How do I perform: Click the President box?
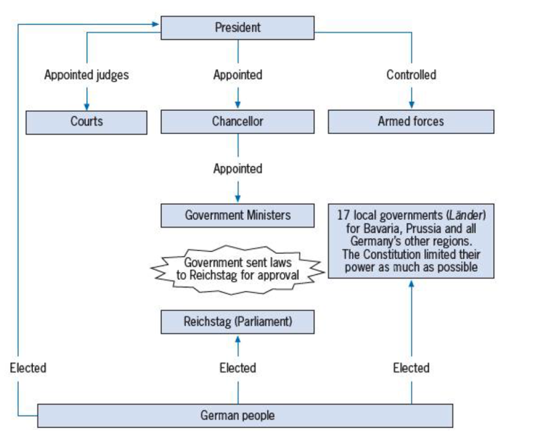tap(237, 28)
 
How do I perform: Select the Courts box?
tap(86, 122)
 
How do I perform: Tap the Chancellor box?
tap(237, 121)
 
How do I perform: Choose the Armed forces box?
tap(411, 121)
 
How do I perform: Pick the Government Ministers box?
tap(237, 215)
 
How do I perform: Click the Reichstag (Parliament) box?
tap(237, 322)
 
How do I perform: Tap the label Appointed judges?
tap(86, 75)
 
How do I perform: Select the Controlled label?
tap(411, 75)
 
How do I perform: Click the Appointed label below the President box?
tap(237, 75)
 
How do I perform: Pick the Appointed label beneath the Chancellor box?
tap(237, 169)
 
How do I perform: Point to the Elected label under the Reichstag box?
tap(237, 368)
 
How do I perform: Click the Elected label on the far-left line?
tap(28, 368)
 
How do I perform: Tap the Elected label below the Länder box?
tap(411, 368)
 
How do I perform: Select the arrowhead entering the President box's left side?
tap(156, 23)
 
